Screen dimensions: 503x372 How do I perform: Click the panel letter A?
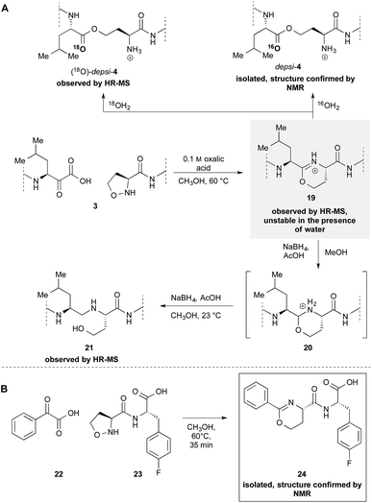9,8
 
